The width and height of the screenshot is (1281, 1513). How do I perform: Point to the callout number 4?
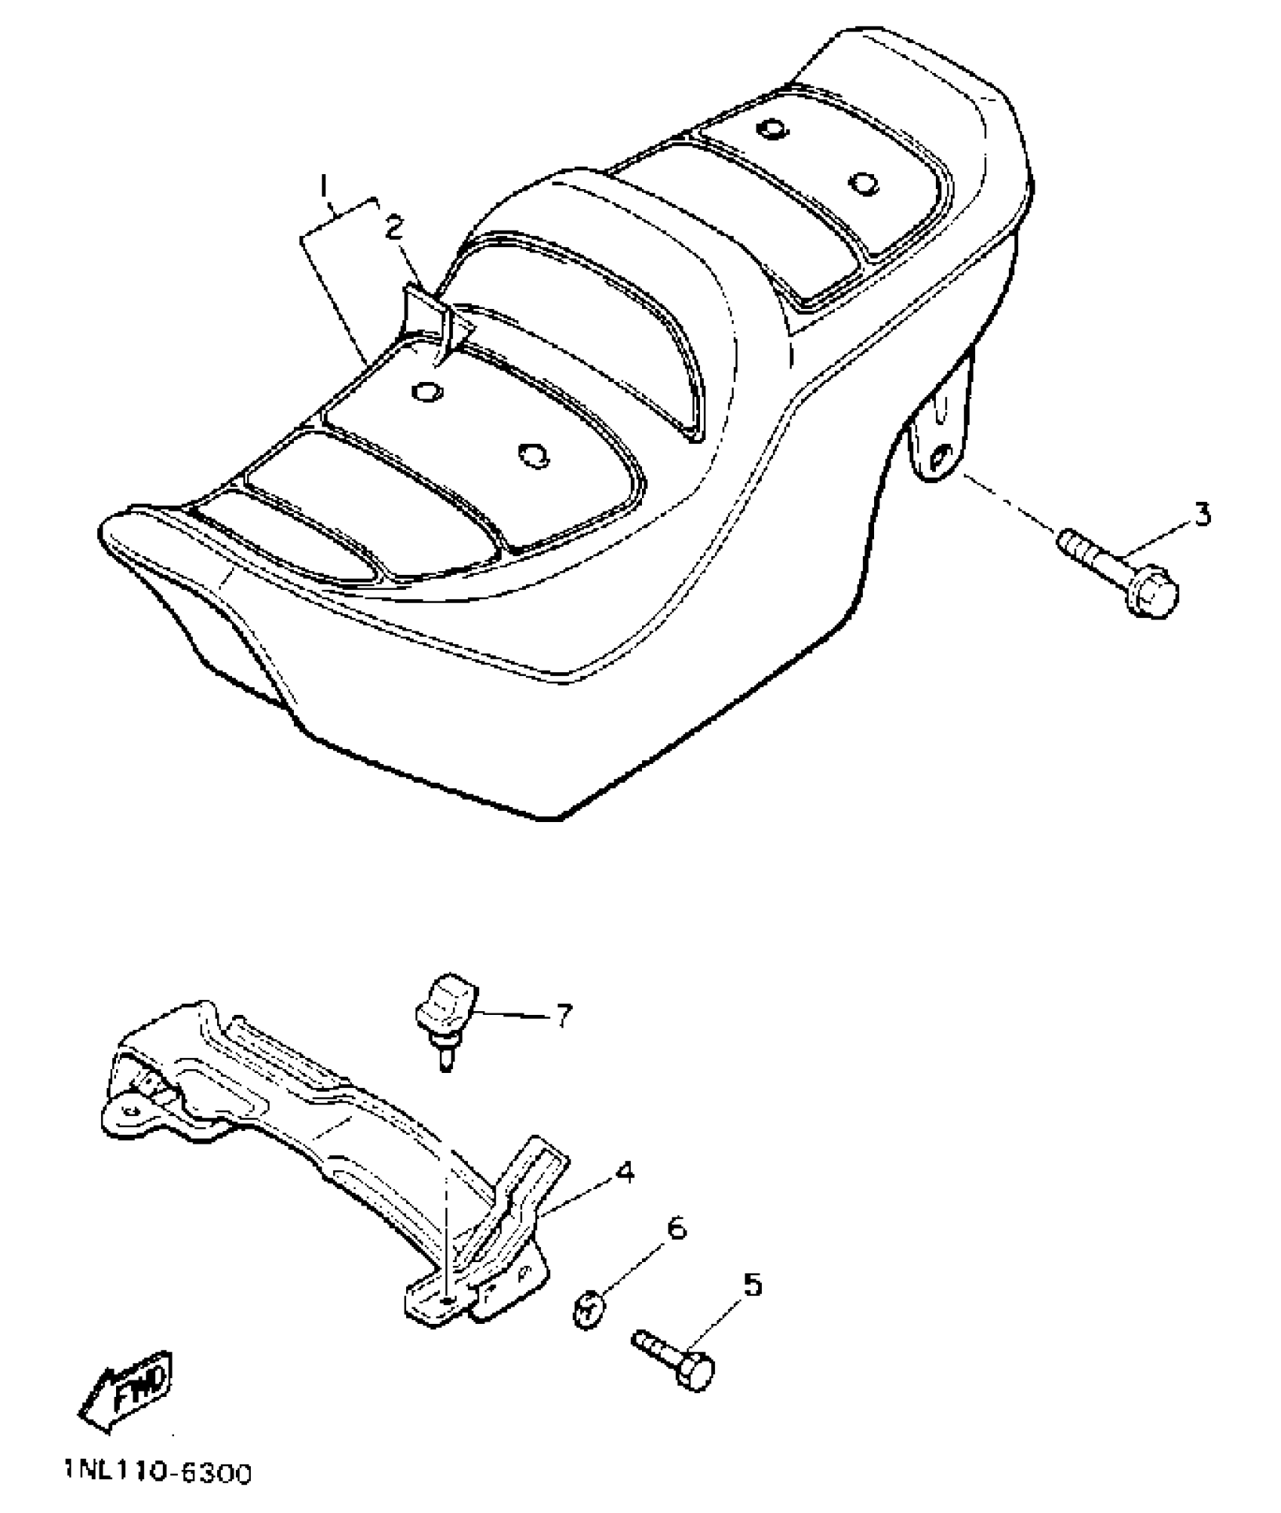(x=624, y=1171)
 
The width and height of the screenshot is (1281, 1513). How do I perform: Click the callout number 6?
(x=676, y=1229)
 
